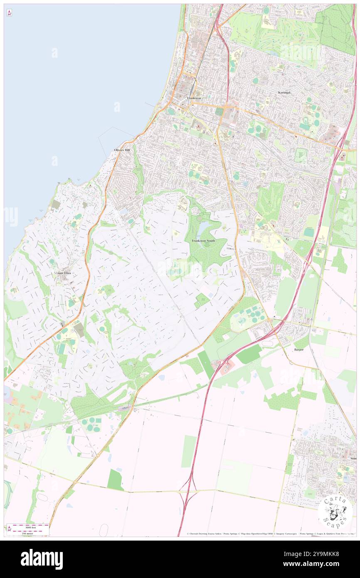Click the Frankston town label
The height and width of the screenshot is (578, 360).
coord(194,98)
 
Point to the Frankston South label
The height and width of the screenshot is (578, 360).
coord(203,241)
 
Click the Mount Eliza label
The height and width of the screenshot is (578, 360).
coord(62,273)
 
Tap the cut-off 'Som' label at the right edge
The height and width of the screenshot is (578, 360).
coord(353,458)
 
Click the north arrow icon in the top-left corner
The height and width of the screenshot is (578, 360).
coord(9,12)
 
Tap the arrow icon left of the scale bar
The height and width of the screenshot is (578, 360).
coord(9,529)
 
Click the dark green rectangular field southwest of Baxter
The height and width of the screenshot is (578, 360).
coord(249,354)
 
